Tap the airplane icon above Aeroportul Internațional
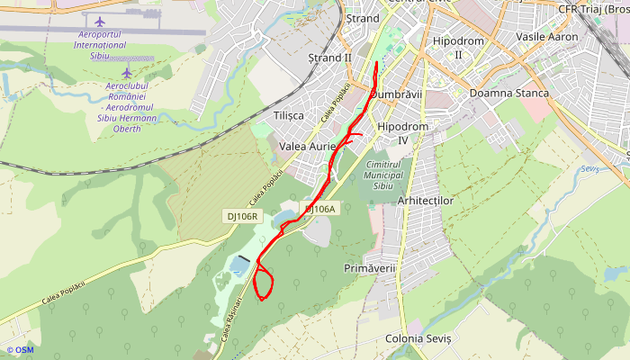click(99, 20)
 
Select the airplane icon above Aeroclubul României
click(127, 72)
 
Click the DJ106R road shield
click(242, 216)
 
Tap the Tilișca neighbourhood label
click(288, 116)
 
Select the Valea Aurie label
click(308, 146)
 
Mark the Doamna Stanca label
click(509, 94)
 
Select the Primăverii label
click(370, 269)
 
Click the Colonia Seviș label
click(417, 338)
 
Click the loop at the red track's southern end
click(264, 283)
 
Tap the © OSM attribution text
click(20, 350)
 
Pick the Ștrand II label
click(329, 58)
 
